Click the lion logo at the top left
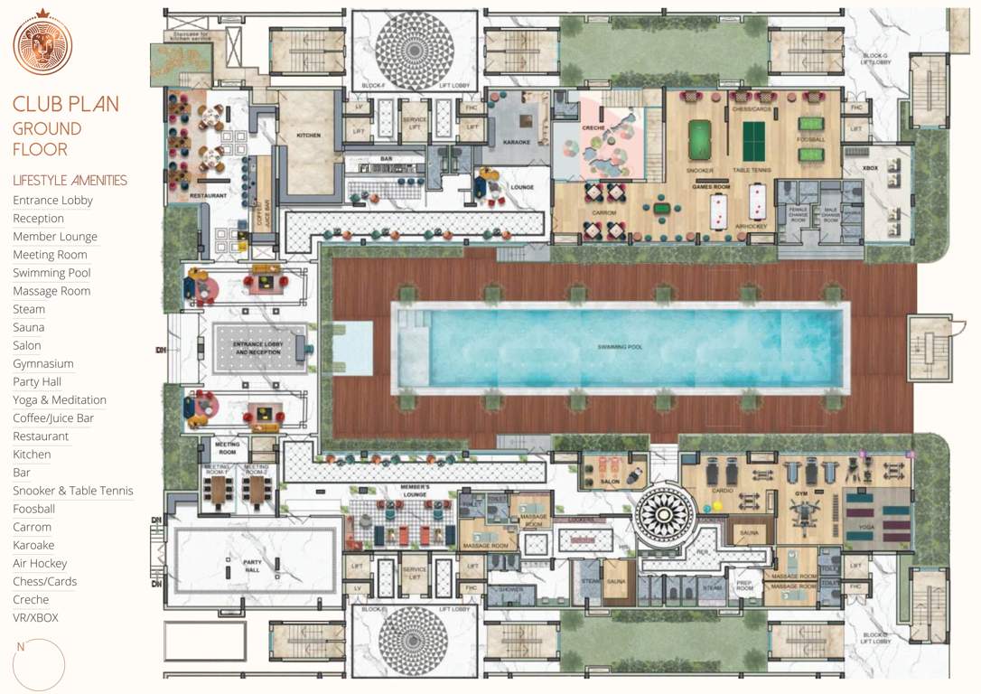point(42,44)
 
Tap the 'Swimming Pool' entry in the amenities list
point(51,273)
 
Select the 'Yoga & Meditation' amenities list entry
point(60,399)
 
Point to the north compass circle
point(40,665)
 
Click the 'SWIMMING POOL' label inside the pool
point(620,347)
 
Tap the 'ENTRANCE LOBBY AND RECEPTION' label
point(259,348)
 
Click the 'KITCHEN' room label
point(309,136)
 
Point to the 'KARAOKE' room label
point(516,142)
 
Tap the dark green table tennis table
point(753,140)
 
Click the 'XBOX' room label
point(871,168)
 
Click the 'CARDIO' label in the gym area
point(723,491)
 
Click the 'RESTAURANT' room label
point(208,195)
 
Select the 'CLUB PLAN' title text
point(65,104)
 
